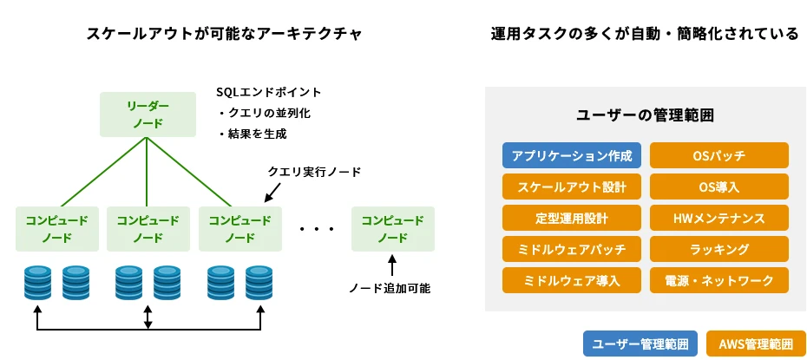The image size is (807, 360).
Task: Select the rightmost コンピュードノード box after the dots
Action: [x=391, y=229]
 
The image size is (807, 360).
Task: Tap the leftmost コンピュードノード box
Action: [x=56, y=229]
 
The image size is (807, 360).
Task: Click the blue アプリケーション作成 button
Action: [x=572, y=156]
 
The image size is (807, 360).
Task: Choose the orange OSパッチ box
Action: [x=718, y=156]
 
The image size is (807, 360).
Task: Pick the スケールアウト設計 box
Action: [x=572, y=187]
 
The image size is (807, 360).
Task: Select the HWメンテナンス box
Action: [x=718, y=218]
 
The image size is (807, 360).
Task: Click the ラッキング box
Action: [x=718, y=249]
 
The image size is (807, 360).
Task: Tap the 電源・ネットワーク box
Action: [x=718, y=280]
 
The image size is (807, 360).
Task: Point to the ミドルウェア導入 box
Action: [x=572, y=280]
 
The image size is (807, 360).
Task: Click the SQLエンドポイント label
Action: [x=269, y=92]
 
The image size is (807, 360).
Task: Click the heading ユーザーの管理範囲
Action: [x=645, y=115]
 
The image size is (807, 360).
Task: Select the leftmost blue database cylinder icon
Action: [x=37, y=282]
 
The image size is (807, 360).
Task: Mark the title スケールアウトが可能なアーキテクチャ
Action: [x=224, y=34]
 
